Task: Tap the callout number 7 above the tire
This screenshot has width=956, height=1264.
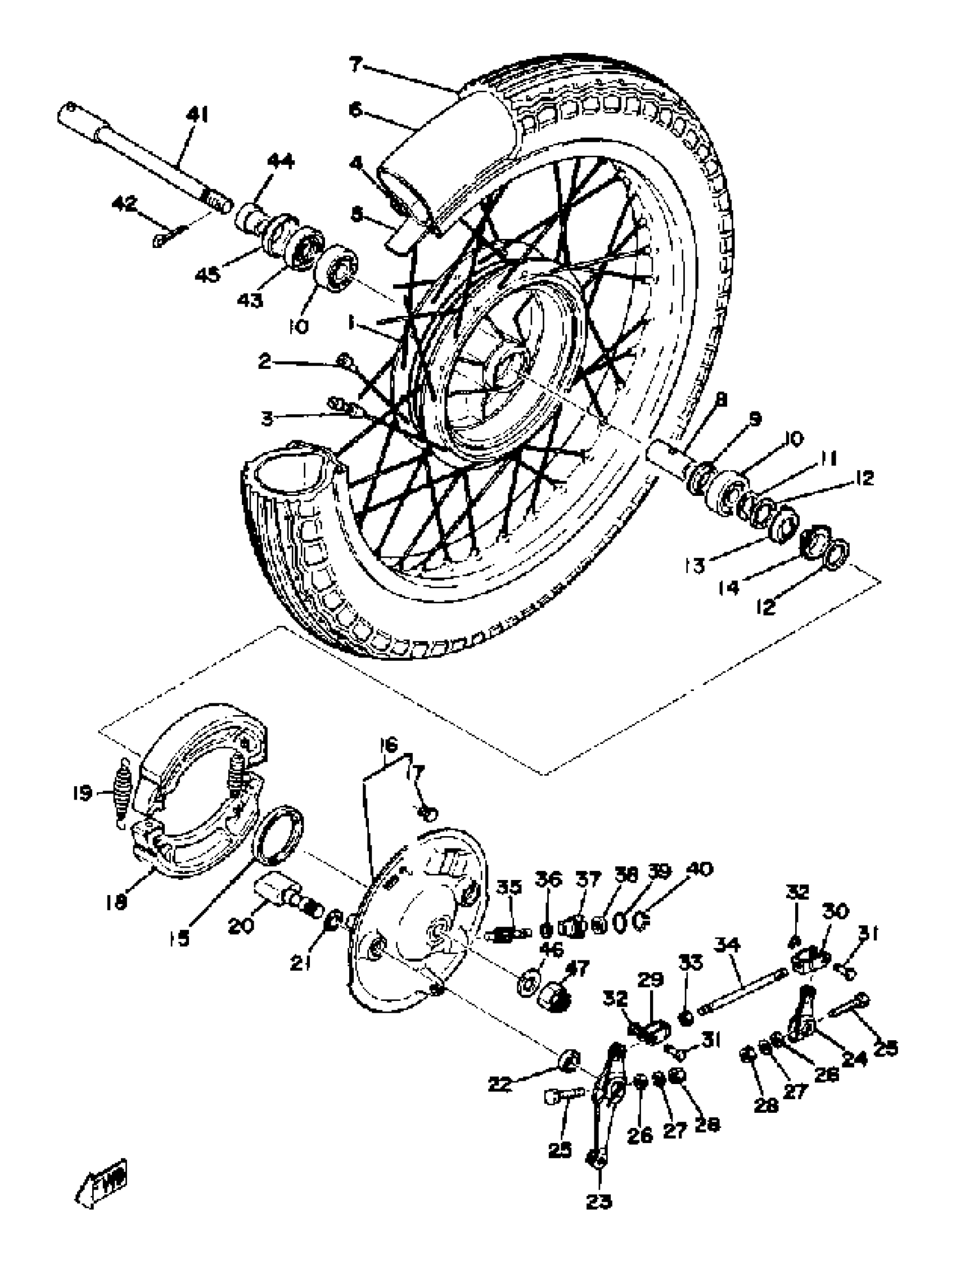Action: point(355,66)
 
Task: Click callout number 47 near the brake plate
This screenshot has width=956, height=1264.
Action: point(578,969)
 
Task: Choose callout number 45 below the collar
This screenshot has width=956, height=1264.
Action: point(207,275)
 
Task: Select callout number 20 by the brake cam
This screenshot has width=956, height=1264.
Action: point(241,926)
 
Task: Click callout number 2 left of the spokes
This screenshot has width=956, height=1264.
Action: point(264,361)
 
